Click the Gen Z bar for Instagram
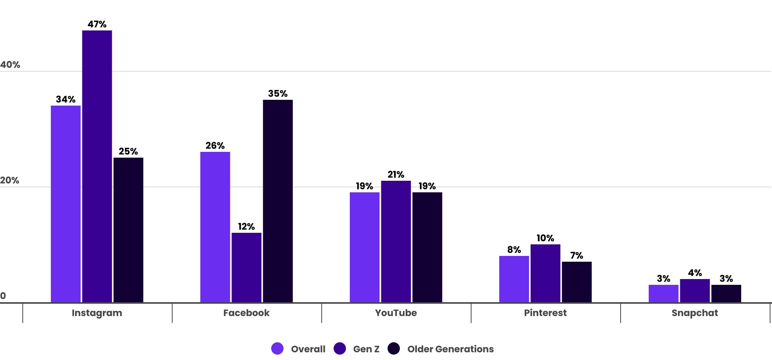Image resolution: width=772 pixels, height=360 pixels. point(97,166)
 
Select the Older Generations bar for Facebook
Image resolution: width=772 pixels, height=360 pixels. point(278,201)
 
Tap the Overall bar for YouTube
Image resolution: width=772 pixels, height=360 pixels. point(364,247)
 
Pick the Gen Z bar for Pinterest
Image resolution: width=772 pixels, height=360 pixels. point(545,273)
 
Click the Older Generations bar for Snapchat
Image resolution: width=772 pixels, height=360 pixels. point(726,293)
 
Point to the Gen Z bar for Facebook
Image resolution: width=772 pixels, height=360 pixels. point(247,267)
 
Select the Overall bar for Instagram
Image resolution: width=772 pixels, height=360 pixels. point(66,204)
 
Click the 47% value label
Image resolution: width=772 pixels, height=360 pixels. point(97,24)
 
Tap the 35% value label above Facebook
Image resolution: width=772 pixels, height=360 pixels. point(278,94)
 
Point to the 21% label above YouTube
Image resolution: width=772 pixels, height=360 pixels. point(396,175)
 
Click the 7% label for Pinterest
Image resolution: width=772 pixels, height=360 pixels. point(577,256)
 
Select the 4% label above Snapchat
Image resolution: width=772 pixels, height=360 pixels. point(695,273)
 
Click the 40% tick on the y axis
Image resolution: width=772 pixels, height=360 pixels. point(10,65)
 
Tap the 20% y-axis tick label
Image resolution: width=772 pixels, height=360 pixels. point(10,180)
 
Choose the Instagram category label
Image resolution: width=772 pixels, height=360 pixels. point(97,313)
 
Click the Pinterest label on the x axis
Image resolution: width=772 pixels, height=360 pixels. point(545,313)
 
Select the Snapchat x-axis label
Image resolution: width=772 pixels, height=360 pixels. point(695,313)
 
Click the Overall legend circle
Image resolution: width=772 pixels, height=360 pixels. point(277,348)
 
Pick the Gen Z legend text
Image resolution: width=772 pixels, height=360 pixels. point(366,349)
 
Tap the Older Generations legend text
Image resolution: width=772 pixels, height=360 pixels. point(450,349)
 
